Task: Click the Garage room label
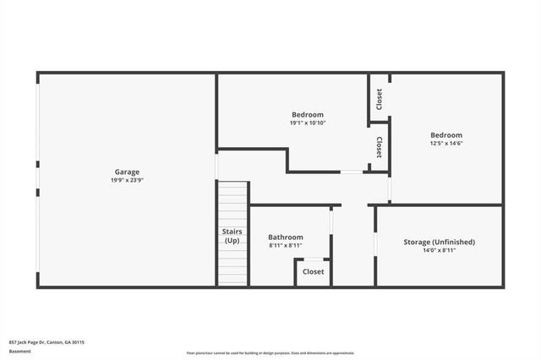(x=128, y=172)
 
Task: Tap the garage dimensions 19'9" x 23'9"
(x=128, y=180)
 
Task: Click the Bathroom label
(x=286, y=237)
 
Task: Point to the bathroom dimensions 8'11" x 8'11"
(x=286, y=246)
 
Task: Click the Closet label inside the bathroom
(x=313, y=272)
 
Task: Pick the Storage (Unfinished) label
(x=439, y=242)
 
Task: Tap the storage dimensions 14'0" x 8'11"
(x=439, y=250)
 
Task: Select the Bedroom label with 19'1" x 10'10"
(x=308, y=115)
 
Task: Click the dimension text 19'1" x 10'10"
(x=308, y=123)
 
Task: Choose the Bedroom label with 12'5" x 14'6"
(x=446, y=135)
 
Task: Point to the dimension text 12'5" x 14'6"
(x=446, y=144)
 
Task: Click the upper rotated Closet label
(x=379, y=100)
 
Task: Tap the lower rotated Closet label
(x=379, y=147)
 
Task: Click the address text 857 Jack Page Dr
(x=46, y=342)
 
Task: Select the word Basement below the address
(x=19, y=351)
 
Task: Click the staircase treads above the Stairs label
(x=232, y=203)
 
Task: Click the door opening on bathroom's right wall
(x=331, y=221)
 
